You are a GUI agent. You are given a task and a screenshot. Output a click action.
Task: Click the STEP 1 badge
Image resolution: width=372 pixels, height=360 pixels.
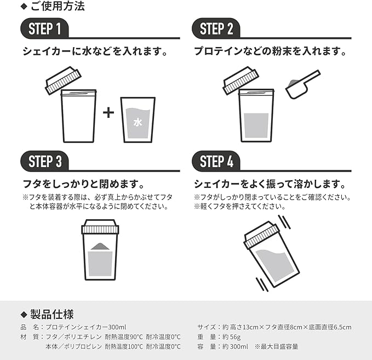[45, 29]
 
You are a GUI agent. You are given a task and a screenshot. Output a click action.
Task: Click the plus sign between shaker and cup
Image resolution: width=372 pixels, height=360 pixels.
[109, 113]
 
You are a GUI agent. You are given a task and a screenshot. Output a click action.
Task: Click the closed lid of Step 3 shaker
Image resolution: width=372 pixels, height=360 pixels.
[100, 226]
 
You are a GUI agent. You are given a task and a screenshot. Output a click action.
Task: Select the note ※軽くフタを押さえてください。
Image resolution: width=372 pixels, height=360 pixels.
[239, 207]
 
